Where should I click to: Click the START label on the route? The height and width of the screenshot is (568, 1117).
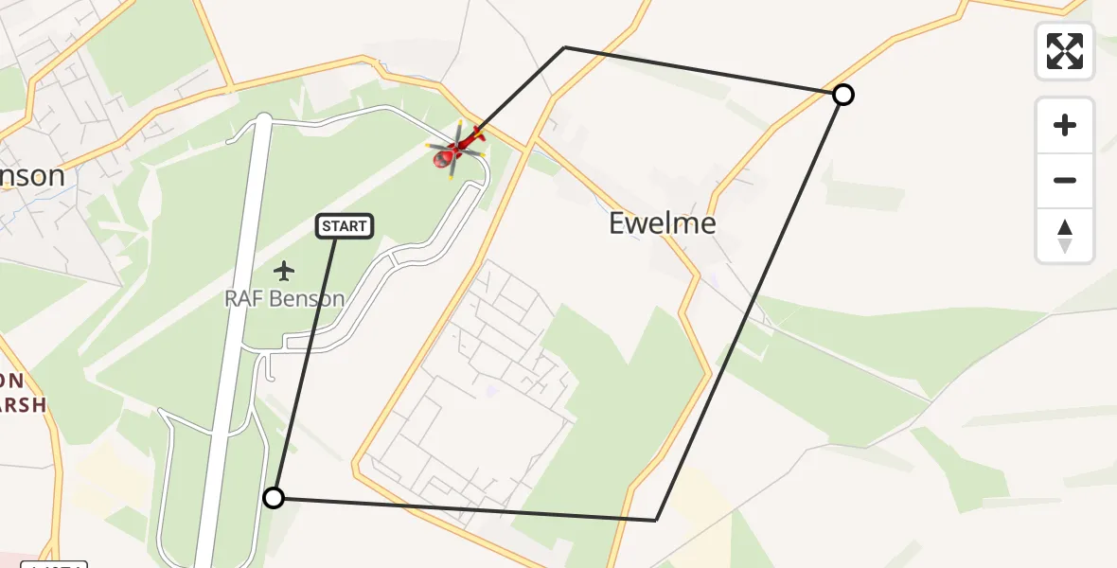pos(345,226)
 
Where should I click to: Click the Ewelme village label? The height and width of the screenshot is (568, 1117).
pos(663,223)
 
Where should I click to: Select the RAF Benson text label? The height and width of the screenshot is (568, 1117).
pos(284,298)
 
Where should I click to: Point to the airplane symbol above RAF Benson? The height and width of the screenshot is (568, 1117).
pos(284,271)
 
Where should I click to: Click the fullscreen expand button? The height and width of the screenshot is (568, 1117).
pos(1065,51)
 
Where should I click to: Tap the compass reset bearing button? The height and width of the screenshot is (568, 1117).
pos(1065,236)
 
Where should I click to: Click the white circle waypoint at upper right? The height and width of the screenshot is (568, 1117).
pos(842,95)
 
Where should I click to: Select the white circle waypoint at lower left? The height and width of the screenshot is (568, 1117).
pos(273,498)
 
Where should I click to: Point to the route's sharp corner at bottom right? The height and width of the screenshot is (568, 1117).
pos(656,520)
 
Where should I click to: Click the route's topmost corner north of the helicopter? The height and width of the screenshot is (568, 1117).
pos(565,47)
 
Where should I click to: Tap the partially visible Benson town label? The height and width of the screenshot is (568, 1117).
pos(32,176)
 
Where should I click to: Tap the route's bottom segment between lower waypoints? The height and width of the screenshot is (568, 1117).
pos(464,508)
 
